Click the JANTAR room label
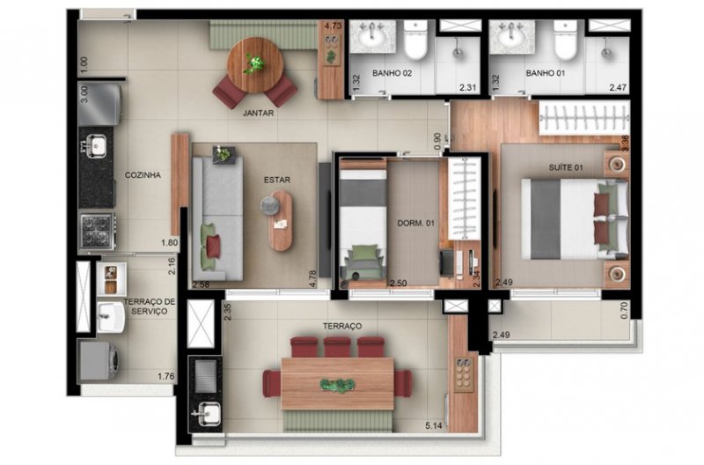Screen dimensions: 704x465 [x=258, y=114]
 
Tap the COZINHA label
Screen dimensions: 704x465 [x=143, y=175]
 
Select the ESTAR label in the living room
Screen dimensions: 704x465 [x=277, y=180]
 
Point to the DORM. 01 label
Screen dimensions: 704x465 [x=415, y=223]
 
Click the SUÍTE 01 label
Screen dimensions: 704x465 [x=566, y=167]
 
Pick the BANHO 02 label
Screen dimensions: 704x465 [x=392, y=73]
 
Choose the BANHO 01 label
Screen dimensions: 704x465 [x=546, y=73]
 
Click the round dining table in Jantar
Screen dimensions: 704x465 [x=255, y=64]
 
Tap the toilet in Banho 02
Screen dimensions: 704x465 [x=415, y=41]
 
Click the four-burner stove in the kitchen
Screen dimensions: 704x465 [x=97, y=231]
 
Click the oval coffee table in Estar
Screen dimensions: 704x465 [x=281, y=220]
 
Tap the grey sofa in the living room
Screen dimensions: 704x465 [x=217, y=218]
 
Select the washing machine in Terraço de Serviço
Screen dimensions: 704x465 [x=99, y=361]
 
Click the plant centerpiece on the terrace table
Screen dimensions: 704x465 [x=338, y=385]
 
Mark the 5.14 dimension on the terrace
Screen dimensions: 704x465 [x=434, y=425]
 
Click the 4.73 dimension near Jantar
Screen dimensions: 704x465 [x=333, y=26]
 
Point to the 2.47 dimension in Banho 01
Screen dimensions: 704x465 [x=618, y=87]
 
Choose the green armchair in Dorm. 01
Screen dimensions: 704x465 [x=363, y=261]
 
